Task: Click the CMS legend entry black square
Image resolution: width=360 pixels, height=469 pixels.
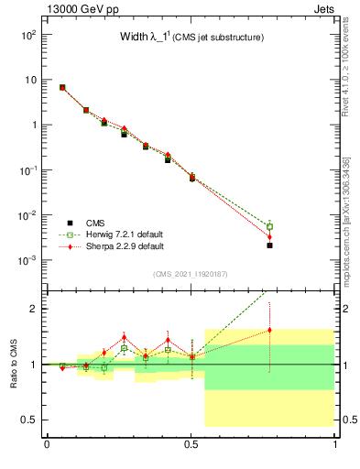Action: pyautogui.click(x=71, y=223)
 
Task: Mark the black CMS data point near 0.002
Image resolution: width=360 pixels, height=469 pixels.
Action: pyautogui.click(x=269, y=245)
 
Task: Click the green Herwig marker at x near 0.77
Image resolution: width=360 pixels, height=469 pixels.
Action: pyautogui.click(x=269, y=226)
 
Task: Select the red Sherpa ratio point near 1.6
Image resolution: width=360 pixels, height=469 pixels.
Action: pyautogui.click(x=269, y=331)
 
